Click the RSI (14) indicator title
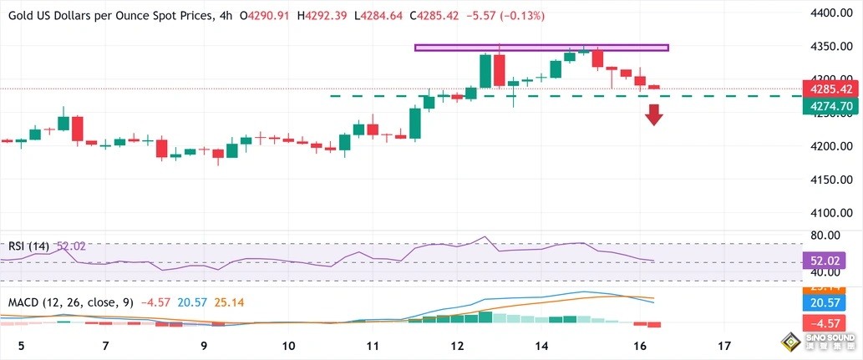(29, 246)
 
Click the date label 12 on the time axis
(457, 345)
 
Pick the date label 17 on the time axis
(724, 345)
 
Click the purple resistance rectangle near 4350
(541, 48)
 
